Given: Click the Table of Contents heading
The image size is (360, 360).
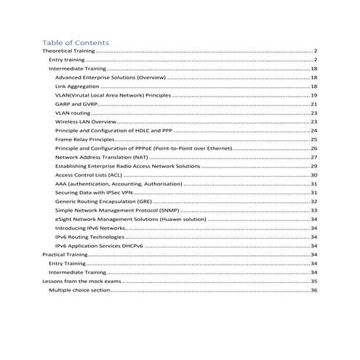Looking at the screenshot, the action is coord(76,42).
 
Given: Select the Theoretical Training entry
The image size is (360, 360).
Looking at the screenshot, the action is coord(69,51).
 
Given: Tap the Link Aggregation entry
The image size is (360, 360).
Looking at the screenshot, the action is coord(81,86).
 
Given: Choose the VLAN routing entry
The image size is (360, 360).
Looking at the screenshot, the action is coord(73,113).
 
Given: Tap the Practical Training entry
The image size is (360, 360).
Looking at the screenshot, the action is coord(65,255).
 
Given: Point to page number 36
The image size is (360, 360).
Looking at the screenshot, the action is coord(313,289).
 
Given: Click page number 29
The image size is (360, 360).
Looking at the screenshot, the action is coord(313,166).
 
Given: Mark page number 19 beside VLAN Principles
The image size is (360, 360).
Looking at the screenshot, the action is coord(313,95).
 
